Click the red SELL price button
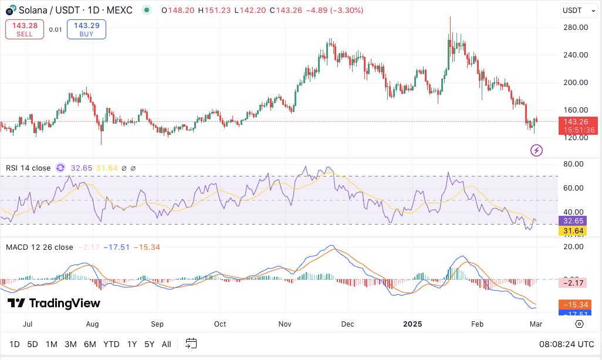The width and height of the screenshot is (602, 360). point(25,29)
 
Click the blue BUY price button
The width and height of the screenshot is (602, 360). point(86,29)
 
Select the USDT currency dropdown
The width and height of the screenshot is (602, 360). point(576,10)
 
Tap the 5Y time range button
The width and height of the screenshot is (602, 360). point(150,344)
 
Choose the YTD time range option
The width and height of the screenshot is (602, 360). point(111,344)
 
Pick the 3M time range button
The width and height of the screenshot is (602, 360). point(70,344)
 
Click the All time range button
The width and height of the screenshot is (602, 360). point(167,344)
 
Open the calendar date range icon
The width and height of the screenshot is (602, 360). point(191,344)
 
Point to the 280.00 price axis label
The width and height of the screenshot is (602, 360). point(575,27)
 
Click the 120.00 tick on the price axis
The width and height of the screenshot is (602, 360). point(575,137)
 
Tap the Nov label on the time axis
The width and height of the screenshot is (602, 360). point(285,324)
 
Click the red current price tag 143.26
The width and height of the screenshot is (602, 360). point(578,122)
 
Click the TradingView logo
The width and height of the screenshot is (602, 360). point(53,303)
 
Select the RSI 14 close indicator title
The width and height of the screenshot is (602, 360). point(28,168)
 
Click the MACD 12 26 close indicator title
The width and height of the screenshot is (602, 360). point(39,247)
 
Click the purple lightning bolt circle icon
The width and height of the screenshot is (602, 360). point(536,151)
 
